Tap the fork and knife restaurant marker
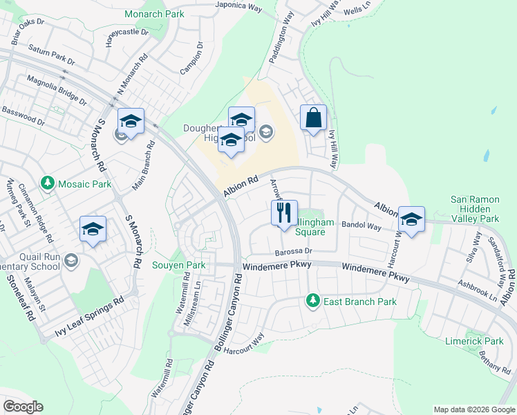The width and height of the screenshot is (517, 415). [x=283, y=214]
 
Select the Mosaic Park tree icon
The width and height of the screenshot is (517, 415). [x=48, y=184]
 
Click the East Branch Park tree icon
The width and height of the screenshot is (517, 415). [x=312, y=301]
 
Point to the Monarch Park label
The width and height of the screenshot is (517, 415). [x=154, y=14]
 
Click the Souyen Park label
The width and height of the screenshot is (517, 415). [x=178, y=265]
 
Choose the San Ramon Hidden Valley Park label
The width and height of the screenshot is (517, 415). [x=474, y=209]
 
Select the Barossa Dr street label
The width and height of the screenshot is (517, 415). [x=293, y=252]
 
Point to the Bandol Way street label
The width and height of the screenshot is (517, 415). [x=362, y=226]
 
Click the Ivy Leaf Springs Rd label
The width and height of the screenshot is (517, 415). [x=89, y=320]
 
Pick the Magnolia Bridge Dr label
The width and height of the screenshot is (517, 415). [x=57, y=91]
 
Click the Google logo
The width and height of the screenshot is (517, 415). [x=23, y=407]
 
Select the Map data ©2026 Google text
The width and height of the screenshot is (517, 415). [x=473, y=409]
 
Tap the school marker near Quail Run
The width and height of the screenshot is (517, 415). [x=93, y=229]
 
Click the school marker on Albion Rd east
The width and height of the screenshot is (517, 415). [x=411, y=219]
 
